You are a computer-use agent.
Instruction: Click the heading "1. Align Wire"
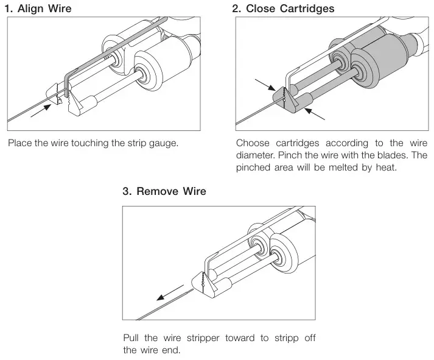(41, 9)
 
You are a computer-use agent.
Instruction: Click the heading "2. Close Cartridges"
(283, 9)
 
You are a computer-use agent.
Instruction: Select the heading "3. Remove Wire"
(164, 191)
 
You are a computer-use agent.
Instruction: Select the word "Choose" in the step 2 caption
(252, 144)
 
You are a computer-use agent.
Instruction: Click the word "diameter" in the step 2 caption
(254, 155)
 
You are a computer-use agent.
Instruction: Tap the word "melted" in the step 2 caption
(339, 166)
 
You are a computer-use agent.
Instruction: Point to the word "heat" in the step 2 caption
(385, 166)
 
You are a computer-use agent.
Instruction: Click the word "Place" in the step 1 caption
(20, 144)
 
